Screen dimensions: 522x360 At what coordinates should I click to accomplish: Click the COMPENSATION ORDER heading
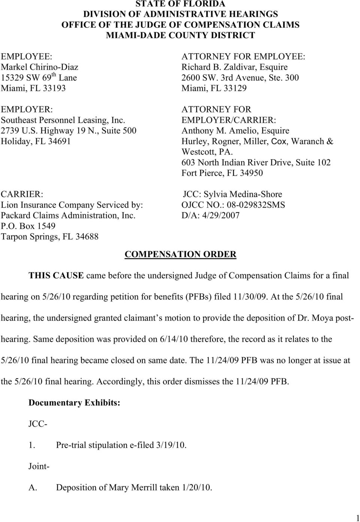(x=180, y=254)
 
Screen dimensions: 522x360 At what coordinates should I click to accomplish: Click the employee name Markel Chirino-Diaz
(x=39, y=67)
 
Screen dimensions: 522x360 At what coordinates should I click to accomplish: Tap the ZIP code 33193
(x=54, y=88)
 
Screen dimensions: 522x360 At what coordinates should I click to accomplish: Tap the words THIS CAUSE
(x=56, y=276)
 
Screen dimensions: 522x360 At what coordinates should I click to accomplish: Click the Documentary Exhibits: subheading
(x=74, y=403)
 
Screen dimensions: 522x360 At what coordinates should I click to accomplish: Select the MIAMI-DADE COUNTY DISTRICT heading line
(x=180, y=35)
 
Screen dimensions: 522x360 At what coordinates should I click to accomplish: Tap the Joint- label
(x=39, y=467)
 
